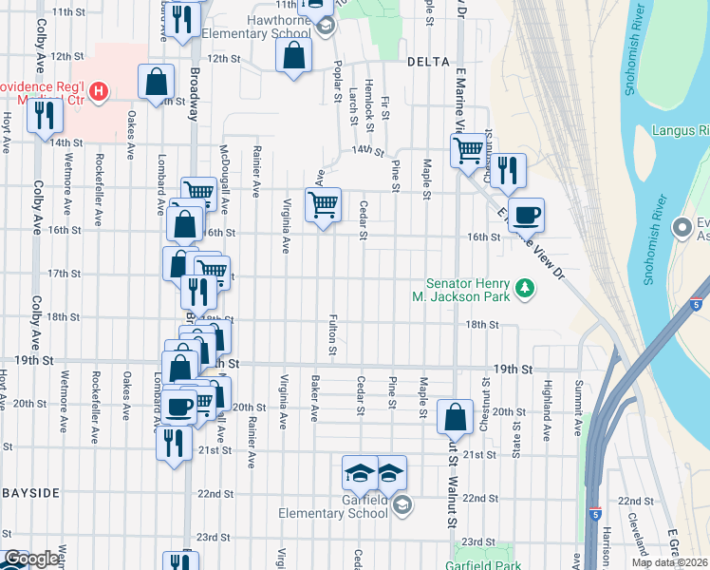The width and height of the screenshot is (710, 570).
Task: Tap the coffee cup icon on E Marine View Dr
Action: (x=526, y=214)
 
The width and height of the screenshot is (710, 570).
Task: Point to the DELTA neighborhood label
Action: (x=427, y=61)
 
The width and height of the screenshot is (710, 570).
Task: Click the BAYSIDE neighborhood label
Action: (x=29, y=493)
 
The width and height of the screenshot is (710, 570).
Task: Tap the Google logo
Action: (x=32, y=559)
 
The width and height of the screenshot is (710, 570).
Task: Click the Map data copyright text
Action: (x=669, y=562)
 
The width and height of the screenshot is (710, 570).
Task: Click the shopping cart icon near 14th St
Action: (x=467, y=150)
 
